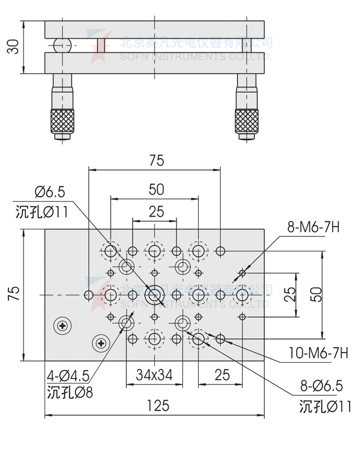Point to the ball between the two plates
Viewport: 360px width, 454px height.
tap(61, 46)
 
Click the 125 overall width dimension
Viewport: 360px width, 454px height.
tap(158, 406)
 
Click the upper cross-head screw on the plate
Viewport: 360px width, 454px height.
tap(63, 326)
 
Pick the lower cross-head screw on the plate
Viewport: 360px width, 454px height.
tap(101, 343)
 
